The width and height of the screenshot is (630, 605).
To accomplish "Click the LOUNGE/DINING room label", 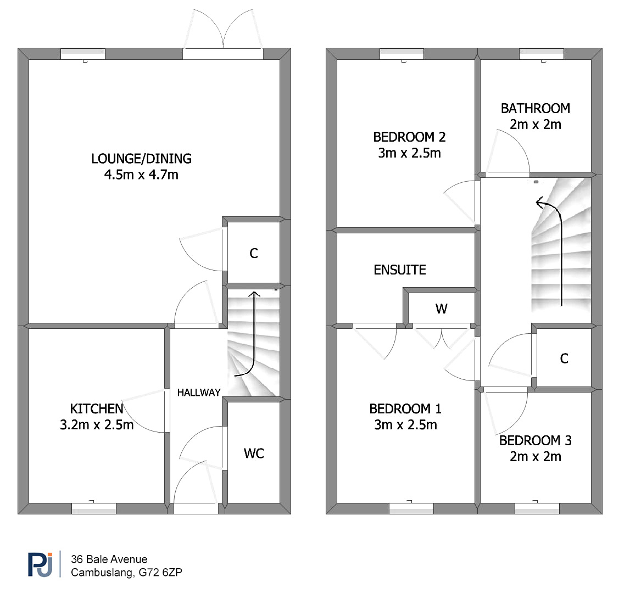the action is tap(141, 159).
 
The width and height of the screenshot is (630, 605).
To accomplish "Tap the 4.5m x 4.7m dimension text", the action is tap(141, 175).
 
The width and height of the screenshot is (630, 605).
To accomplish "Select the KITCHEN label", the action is tap(97, 409).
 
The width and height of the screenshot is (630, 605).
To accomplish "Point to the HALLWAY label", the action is tap(199, 393).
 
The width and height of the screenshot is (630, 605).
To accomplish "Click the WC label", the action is tap(254, 453).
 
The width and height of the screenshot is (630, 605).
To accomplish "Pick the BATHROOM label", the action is tap(535, 109).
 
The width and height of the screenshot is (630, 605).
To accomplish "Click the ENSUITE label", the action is tap(400, 270).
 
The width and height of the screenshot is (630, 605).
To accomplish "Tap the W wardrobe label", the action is tap(441, 309).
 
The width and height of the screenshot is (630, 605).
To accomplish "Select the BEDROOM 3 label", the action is tap(535, 441).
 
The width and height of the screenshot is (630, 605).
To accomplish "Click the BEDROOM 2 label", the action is tap(409, 137).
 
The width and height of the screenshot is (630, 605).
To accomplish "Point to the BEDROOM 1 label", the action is tap(405, 409).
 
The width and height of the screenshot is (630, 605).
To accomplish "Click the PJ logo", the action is tap(40, 564).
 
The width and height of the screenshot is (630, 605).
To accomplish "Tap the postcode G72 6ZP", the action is tap(160, 573).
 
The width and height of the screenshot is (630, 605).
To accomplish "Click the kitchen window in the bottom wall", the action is tap(93, 508).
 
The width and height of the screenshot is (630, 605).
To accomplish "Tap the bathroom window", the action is tap(541, 54).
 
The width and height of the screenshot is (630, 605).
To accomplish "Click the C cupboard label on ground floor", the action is tap(254, 254).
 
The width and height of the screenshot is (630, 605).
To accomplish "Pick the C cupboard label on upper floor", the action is tap(564, 358).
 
